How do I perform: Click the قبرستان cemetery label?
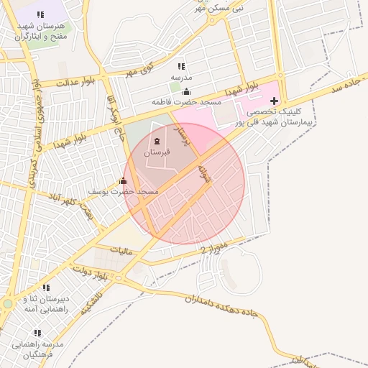point(157,152)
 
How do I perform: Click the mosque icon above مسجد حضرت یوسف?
point(123,181)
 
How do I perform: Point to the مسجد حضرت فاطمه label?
point(186,103)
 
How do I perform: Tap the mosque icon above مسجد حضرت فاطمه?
point(187,91)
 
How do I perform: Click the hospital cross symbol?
point(274,101)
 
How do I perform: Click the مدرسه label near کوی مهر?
point(181,77)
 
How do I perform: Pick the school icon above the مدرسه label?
point(181,66)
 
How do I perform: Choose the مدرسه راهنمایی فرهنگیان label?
point(37,349)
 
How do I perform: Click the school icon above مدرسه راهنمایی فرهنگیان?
point(37,333)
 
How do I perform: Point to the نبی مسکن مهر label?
point(218,7)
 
